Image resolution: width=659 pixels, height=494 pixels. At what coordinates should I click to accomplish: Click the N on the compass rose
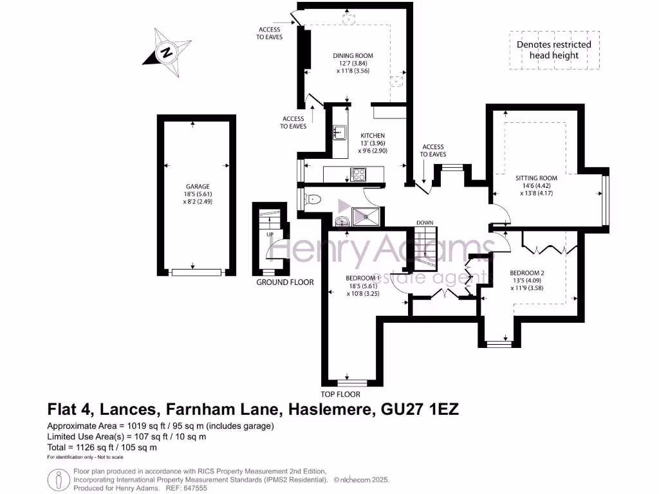click(x=167, y=53)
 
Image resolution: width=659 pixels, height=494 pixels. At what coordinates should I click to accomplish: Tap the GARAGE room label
click(x=193, y=187)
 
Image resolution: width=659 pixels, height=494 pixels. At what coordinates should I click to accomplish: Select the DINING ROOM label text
click(x=352, y=56)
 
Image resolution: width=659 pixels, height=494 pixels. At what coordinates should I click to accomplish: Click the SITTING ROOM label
click(x=536, y=178)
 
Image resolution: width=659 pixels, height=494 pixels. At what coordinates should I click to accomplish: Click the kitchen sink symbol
click(x=339, y=133)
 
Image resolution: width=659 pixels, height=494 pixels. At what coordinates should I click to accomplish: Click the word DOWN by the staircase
click(x=425, y=223)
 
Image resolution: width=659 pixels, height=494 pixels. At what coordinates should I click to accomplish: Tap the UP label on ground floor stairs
click(x=270, y=234)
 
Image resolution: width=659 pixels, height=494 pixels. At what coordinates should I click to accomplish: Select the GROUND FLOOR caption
click(x=285, y=282)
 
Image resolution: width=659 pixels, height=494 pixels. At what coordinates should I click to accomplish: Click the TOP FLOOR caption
click(x=340, y=394)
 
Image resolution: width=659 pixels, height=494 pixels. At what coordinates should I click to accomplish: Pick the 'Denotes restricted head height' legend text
click(x=553, y=50)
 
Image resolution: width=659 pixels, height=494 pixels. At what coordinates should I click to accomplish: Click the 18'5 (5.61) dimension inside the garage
click(x=193, y=194)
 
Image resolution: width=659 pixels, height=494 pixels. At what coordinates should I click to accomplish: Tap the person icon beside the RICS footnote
click(x=59, y=479)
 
